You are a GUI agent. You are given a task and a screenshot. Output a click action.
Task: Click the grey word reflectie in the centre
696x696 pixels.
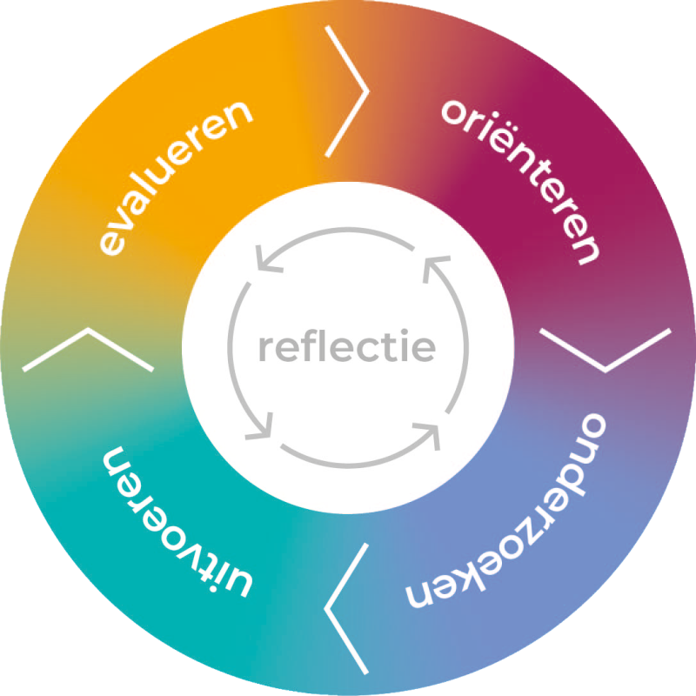346,348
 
